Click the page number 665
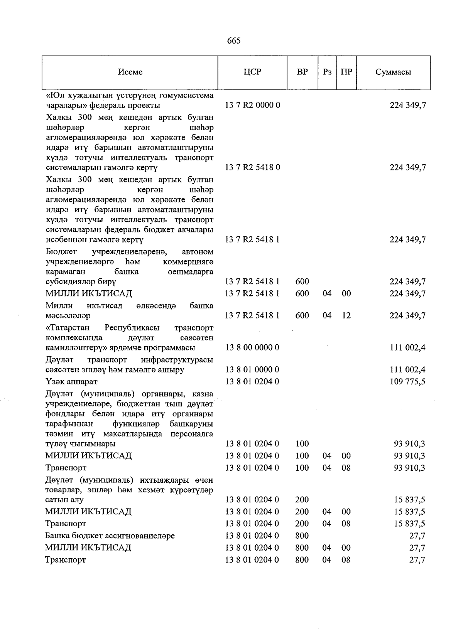(234, 41)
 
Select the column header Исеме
(130, 72)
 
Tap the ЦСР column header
(252, 72)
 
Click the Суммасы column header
(393, 72)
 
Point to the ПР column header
(346, 72)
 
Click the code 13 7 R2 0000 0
(252, 105)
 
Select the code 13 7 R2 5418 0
(252, 167)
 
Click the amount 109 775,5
(408, 382)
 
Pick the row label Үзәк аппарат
(71, 382)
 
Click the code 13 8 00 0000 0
(252, 348)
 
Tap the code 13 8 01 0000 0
(252, 370)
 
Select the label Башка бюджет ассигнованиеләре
(110, 536)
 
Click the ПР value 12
(346, 316)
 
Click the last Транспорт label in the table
(66, 560)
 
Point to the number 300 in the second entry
(84, 117)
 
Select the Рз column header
(327, 72)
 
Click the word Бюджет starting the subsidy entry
(61, 252)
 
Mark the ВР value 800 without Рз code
(302, 536)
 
